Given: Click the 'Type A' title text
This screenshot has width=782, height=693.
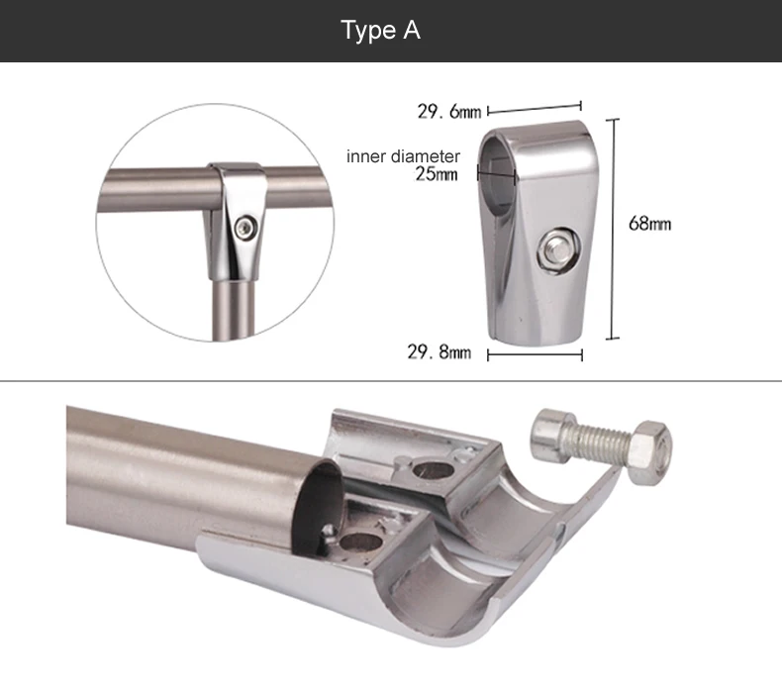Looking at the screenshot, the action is tap(380, 30).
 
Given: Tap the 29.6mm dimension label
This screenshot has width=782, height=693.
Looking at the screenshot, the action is tap(448, 111).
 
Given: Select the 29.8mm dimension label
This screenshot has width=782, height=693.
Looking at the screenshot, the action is tap(439, 352).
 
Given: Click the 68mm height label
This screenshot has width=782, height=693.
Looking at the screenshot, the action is tap(649, 224).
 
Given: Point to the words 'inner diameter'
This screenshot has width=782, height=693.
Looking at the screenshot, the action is tap(403, 156).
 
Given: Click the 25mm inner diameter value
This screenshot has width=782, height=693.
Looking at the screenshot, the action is tap(437, 174).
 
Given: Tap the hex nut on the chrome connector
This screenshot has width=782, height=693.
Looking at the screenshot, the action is tap(558, 249).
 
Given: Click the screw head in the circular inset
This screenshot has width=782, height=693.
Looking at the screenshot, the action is tap(246, 228).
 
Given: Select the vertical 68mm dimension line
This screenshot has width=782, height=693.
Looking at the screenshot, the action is tap(613, 229).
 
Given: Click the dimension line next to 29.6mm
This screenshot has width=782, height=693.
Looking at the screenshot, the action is tap(535, 108).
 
